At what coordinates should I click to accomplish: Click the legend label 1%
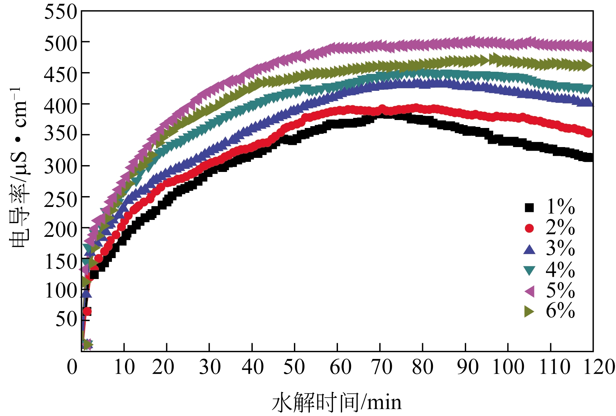click(x=560, y=207)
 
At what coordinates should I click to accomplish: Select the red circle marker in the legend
click(x=529, y=228)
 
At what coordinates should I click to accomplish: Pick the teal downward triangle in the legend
click(x=529, y=270)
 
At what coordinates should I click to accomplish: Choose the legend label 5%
click(x=560, y=290)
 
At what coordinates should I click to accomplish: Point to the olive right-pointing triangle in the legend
click(x=529, y=311)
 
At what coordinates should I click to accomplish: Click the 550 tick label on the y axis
click(x=61, y=12)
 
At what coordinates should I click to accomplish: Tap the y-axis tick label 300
click(x=61, y=166)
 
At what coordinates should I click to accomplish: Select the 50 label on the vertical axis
click(x=66, y=319)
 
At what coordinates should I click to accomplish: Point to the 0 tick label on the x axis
click(x=72, y=367)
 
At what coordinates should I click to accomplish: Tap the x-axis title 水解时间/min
click(x=337, y=402)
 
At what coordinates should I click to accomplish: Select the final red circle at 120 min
click(x=588, y=133)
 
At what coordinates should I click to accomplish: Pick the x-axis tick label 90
click(x=468, y=367)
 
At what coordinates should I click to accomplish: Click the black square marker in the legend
click(x=529, y=207)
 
